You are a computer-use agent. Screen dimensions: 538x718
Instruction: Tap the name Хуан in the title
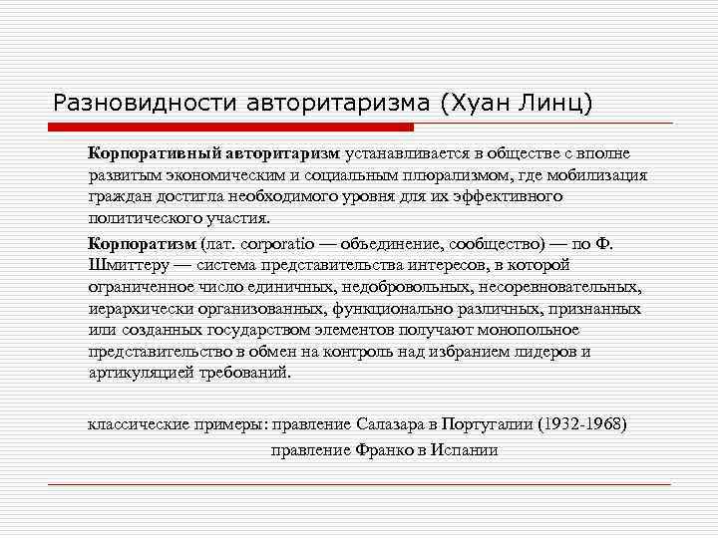click(452, 102)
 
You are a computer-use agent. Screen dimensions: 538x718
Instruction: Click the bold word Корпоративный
click(146, 153)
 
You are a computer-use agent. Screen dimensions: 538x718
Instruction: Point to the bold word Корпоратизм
click(142, 242)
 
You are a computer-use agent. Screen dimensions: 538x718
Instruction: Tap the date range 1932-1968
click(582, 423)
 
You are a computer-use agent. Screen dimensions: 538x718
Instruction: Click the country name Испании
click(464, 449)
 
